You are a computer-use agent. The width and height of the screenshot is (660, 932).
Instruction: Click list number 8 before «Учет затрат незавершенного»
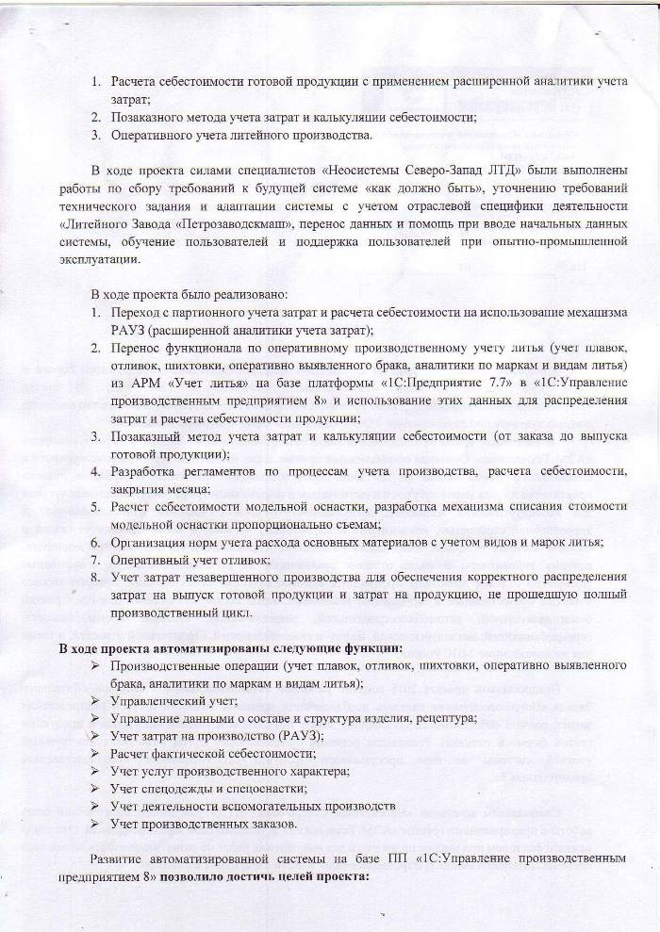[x=95, y=577]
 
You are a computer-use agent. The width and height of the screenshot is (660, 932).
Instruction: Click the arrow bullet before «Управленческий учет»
[x=95, y=701]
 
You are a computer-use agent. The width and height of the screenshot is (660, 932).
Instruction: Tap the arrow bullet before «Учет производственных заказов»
[x=95, y=824]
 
